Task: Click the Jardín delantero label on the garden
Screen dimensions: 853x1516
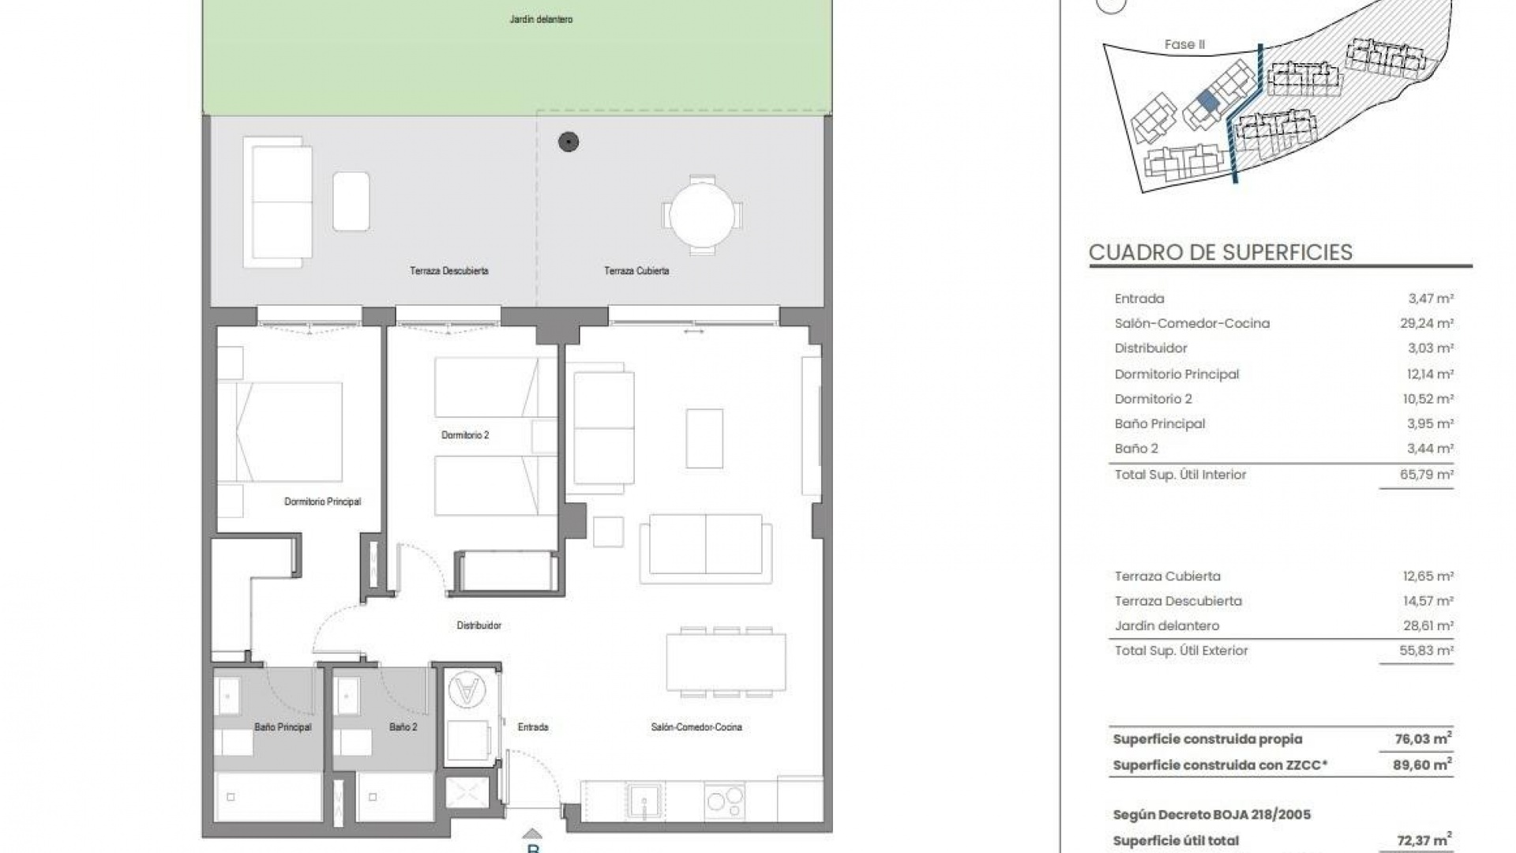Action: point(541,19)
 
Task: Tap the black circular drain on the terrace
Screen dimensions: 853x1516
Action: point(568,142)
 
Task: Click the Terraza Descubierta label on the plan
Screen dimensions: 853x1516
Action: point(448,271)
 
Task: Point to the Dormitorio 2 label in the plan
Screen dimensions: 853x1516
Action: point(465,435)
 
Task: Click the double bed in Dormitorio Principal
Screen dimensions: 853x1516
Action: point(289,432)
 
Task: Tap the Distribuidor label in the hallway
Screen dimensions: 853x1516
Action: point(478,626)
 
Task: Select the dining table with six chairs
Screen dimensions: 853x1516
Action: point(726,663)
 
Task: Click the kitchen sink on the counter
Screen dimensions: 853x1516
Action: point(645,802)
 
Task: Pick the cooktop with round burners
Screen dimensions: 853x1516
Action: point(725,801)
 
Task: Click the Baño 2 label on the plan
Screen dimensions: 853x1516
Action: point(403,727)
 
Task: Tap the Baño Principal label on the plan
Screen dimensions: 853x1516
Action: point(283,727)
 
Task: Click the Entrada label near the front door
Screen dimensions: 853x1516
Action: point(533,727)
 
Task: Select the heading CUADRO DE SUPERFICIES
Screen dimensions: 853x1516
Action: point(1220,253)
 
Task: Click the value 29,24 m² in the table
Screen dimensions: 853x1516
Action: point(1428,323)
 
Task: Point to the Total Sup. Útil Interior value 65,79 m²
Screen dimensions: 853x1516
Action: point(1428,475)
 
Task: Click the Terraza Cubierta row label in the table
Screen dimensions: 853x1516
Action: point(1167,577)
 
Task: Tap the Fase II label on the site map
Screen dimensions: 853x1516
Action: point(1184,45)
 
